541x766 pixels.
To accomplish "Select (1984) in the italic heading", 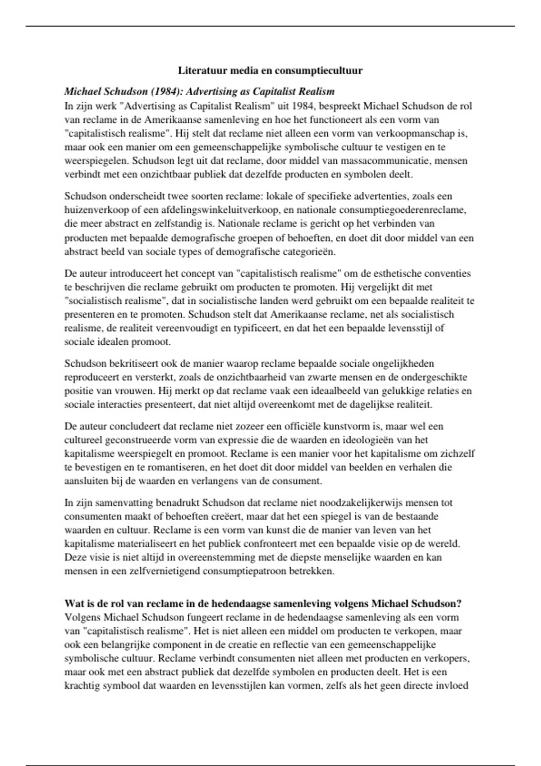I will click(167, 92).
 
